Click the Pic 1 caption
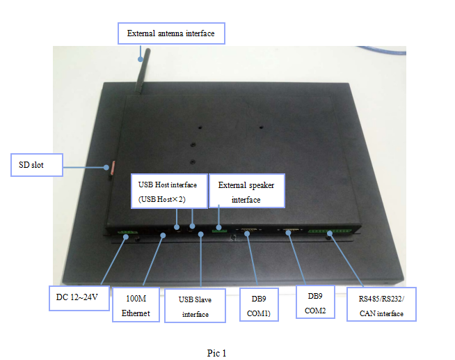point(216,353)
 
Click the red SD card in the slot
point(108,167)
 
